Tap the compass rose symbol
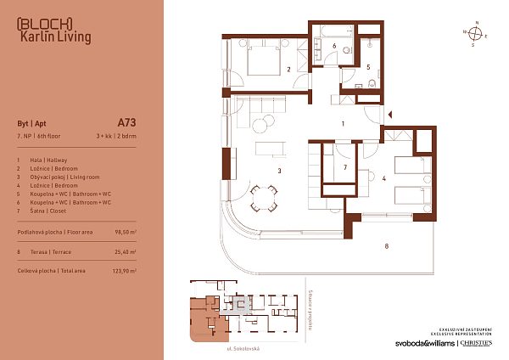click(477, 34)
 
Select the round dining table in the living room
click(263, 201)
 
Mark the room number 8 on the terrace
click(386, 247)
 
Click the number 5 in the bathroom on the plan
click(368, 65)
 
